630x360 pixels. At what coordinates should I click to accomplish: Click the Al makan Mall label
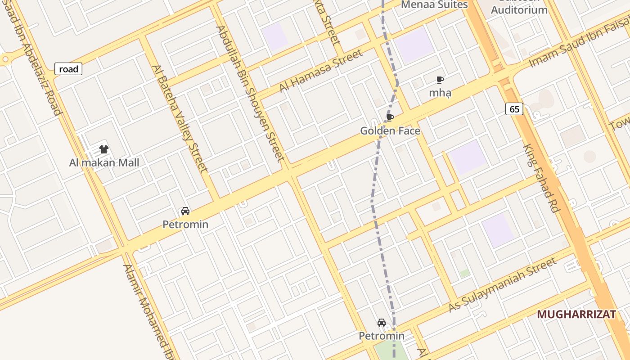point(104,162)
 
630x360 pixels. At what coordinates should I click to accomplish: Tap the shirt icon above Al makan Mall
point(104,149)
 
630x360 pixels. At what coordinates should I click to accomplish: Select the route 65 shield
point(514,109)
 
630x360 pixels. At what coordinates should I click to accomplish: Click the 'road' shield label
point(68,69)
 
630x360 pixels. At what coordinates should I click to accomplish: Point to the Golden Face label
point(390,131)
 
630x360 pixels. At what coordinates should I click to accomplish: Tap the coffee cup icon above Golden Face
point(390,118)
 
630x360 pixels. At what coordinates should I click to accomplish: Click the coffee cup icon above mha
point(440,80)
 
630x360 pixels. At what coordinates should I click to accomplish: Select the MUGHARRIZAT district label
point(576,314)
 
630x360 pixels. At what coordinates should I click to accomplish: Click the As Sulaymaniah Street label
point(503,285)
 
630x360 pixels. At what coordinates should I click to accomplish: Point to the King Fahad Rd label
point(540,178)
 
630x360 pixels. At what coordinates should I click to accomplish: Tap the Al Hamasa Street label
point(321,71)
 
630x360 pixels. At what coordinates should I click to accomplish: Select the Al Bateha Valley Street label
point(180,118)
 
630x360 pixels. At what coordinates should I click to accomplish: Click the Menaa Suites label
point(434,5)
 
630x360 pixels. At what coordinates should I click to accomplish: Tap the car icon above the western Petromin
point(185,211)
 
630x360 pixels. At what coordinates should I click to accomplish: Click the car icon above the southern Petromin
point(382,323)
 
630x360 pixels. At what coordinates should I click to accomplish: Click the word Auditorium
point(519,10)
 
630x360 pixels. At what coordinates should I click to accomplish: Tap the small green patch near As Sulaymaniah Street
point(465,273)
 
